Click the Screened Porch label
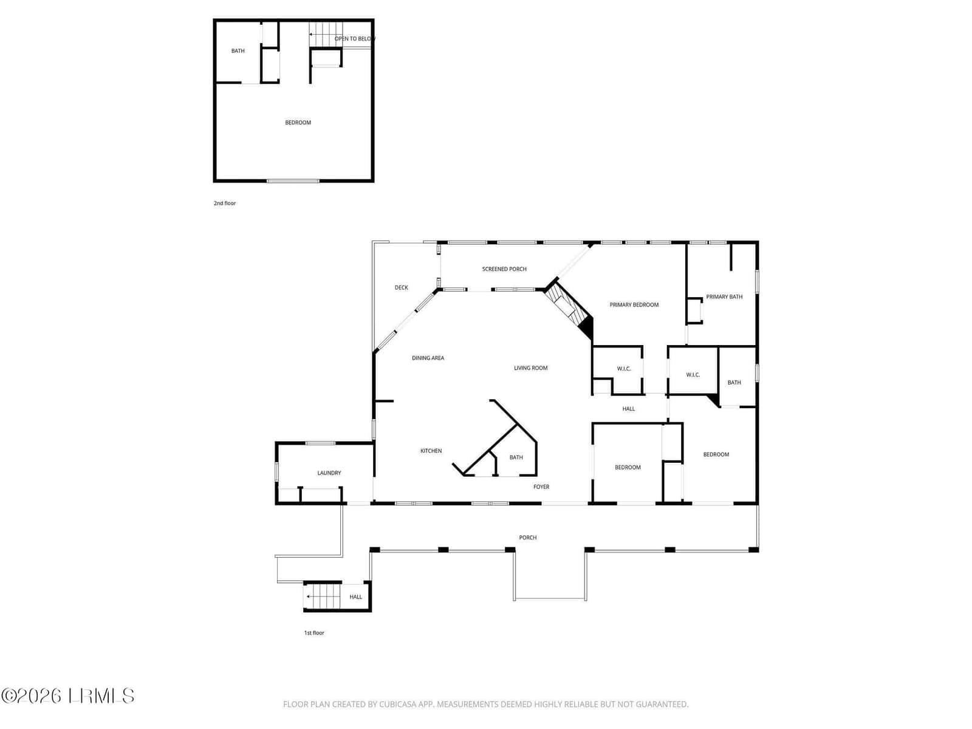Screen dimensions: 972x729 [x=504, y=269]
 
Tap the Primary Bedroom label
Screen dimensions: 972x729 [x=634, y=304]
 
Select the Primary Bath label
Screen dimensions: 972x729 [x=724, y=296]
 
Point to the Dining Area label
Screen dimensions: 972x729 [x=428, y=358]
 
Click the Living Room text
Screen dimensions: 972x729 [x=530, y=368]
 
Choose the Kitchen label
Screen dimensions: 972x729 [x=431, y=451]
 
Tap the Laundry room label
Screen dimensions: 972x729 [x=329, y=473]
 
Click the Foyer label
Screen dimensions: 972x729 [x=541, y=487]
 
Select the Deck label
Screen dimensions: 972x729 [x=401, y=287]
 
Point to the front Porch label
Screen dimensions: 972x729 [x=527, y=538]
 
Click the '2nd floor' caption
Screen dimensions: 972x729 [x=225, y=203]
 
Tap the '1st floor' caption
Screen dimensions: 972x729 [x=314, y=632]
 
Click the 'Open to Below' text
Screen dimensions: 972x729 [x=355, y=38]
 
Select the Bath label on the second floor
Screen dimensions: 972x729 [x=238, y=50]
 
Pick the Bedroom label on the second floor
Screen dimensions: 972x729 [x=298, y=122]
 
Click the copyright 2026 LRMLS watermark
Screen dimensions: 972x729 [x=67, y=696]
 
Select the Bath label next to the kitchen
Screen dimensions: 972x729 [x=516, y=457]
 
